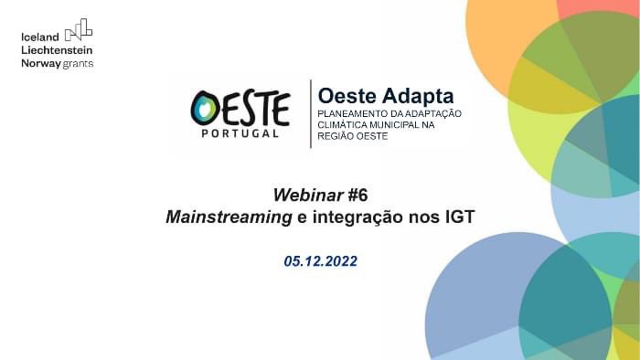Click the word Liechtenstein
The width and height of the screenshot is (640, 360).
click(57, 50)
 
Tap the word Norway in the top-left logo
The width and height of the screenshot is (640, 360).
click(40, 63)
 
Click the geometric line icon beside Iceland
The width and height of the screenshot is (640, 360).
click(79, 30)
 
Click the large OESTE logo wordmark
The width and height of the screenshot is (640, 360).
click(240, 108)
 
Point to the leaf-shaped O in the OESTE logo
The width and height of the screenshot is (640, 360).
click(206, 108)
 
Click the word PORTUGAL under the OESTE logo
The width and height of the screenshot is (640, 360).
click(240, 133)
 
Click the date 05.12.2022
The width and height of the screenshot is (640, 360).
click(320, 261)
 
